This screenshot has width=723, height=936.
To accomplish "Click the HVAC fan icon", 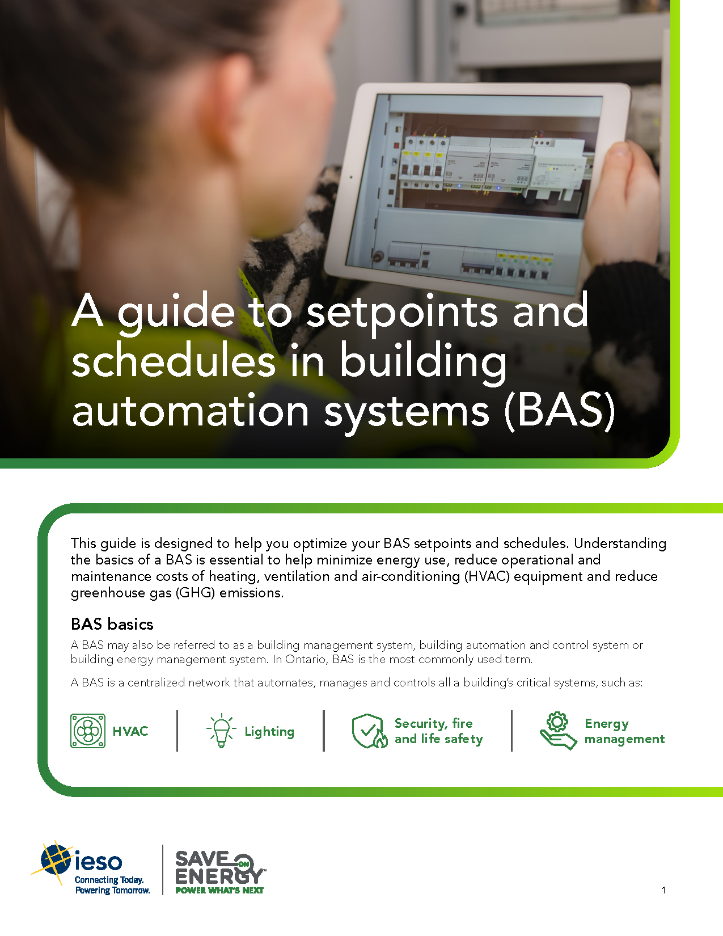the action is click(88, 731).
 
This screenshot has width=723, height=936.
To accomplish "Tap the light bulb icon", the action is click(221, 731).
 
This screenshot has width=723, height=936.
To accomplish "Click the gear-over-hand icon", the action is click(558, 731).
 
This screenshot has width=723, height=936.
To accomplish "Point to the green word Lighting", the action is click(269, 731).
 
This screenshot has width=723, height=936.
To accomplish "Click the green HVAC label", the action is click(130, 731).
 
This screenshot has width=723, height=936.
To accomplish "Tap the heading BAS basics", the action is click(112, 624).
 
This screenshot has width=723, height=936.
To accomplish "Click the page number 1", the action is click(663, 890).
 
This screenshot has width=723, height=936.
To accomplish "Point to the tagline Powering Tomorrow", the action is click(112, 890).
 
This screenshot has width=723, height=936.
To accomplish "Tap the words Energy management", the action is click(624, 731).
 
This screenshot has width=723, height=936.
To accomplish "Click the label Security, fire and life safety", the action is click(439, 731).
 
